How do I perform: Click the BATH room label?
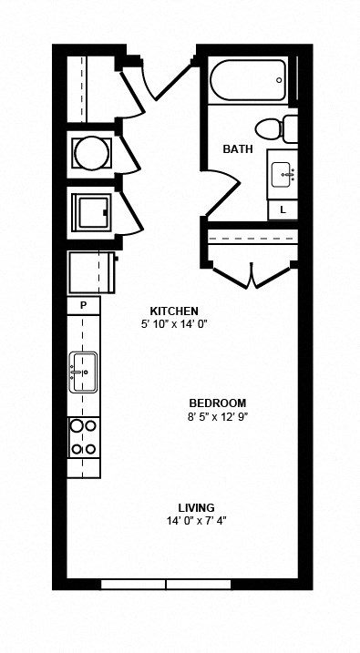tap(238, 148)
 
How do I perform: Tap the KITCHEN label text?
tap(174, 311)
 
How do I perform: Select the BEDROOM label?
tap(218, 403)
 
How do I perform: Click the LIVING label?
tap(196, 507)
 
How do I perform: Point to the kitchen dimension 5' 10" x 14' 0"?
tap(174, 324)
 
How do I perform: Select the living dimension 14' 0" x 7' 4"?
tap(196, 521)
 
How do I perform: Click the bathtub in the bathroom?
tap(248, 80)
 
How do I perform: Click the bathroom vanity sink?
tap(282, 173)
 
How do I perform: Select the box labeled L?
tap(283, 209)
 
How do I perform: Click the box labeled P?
tap(84, 305)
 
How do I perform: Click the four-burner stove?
tap(84, 436)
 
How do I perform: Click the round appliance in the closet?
tap(90, 152)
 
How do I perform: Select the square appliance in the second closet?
tap(93, 210)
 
